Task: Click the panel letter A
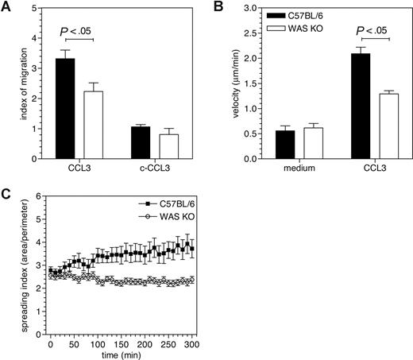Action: click(x=7, y=7)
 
